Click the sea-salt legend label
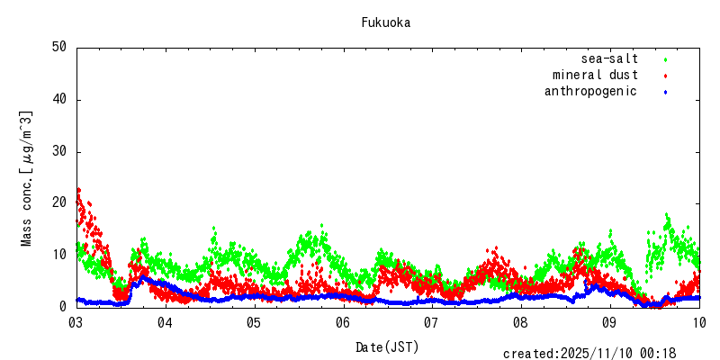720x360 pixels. (x=609, y=59)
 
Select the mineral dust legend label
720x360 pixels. (x=595, y=76)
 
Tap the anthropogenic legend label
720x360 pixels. (x=590, y=92)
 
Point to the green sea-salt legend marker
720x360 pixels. (x=665, y=59)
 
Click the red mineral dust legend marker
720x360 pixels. (x=665, y=76)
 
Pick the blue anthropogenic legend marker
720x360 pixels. (x=665, y=92)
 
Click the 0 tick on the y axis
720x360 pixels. (x=64, y=307)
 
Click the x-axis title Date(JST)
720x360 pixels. (x=387, y=346)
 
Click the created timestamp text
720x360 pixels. (x=589, y=354)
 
